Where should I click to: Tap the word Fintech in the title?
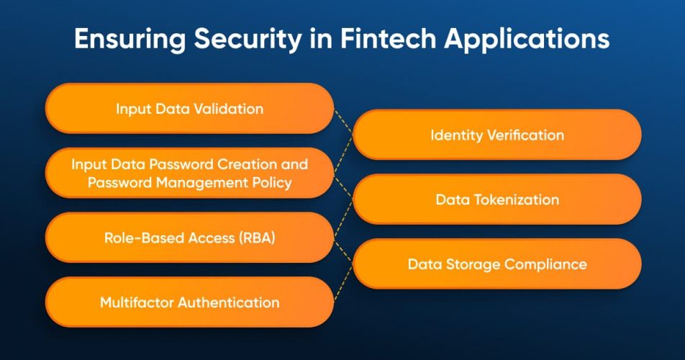coord(376,39)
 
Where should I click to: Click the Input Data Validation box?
coord(189,109)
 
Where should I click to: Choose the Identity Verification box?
coord(496,135)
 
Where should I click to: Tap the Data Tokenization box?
coord(496,199)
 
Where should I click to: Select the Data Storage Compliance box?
coord(496,264)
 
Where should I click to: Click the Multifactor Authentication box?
coord(189,302)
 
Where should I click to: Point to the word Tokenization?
coord(516,199)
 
